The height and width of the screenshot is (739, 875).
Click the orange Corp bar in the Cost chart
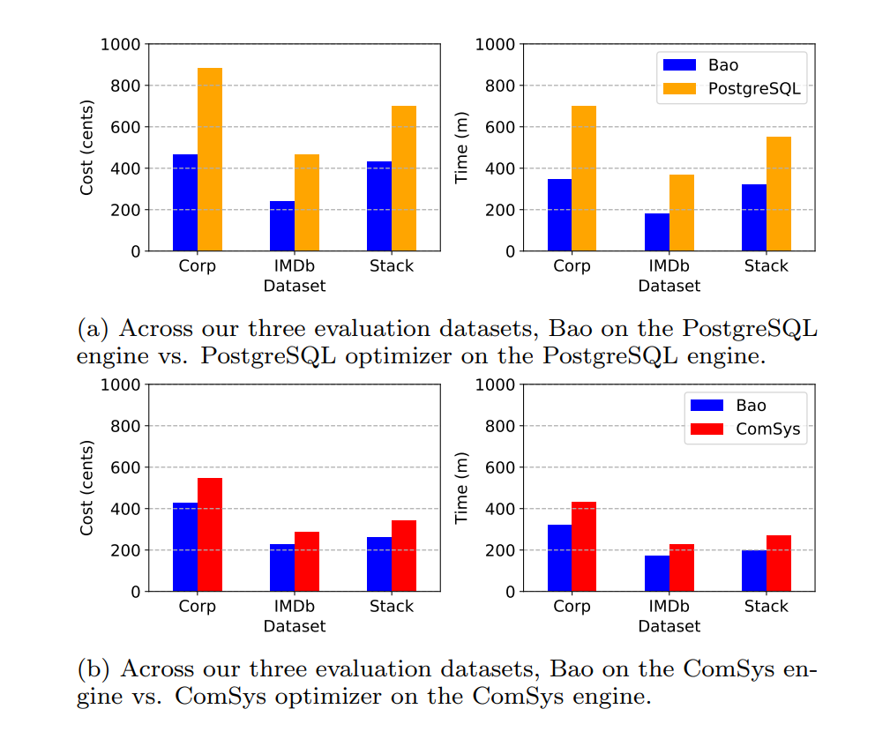coord(209,160)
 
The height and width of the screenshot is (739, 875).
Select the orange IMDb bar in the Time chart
coord(681,213)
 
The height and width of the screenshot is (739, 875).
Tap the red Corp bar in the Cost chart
coord(209,534)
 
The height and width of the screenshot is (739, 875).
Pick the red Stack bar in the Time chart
coord(778,564)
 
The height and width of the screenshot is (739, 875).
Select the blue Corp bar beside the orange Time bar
coord(559,215)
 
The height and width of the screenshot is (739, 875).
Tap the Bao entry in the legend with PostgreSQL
coord(722,64)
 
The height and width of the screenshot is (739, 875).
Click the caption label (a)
coord(93,329)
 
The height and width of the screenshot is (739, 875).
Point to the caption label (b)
coord(93,669)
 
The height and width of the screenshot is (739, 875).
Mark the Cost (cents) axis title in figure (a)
coord(86,147)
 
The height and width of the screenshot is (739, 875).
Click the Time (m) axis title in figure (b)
coord(461,488)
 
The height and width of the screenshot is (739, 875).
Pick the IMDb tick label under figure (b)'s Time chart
coord(669,607)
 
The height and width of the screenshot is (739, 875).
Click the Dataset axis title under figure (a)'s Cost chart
coord(294,286)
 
